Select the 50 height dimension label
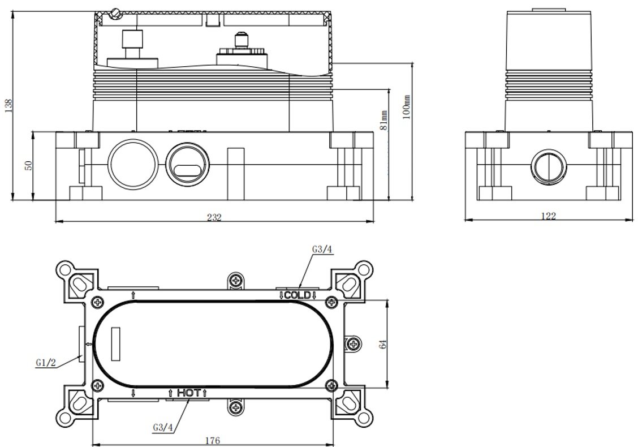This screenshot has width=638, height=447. [x=29, y=165]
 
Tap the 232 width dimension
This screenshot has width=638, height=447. [x=214, y=217]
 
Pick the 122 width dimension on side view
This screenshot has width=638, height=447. [x=548, y=216]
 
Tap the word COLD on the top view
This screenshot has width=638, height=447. [x=297, y=295]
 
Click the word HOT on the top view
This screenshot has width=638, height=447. [x=187, y=392]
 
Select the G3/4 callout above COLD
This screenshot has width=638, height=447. [x=322, y=248]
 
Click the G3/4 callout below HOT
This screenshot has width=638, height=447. [x=163, y=427]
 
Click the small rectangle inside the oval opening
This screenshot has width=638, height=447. [x=116, y=343]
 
